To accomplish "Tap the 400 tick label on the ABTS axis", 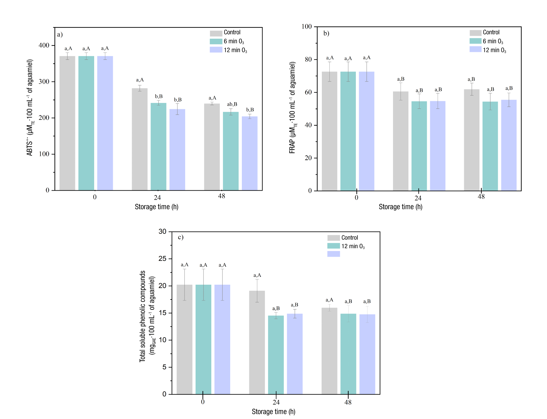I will [44, 45].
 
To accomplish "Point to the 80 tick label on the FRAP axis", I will [308, 59].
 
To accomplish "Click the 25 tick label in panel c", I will [162, 259].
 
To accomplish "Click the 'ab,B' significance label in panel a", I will [232, 104].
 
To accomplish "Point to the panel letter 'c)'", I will [180, 237].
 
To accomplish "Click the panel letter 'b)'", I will [326, 33].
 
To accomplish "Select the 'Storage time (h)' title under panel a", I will [157, 207].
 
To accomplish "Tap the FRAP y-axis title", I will [292, 108].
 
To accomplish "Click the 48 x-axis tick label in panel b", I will [481, 197].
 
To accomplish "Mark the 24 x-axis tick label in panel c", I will [276, 402].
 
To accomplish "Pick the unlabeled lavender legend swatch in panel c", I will [333, 254].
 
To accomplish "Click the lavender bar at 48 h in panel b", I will [509, 145].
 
